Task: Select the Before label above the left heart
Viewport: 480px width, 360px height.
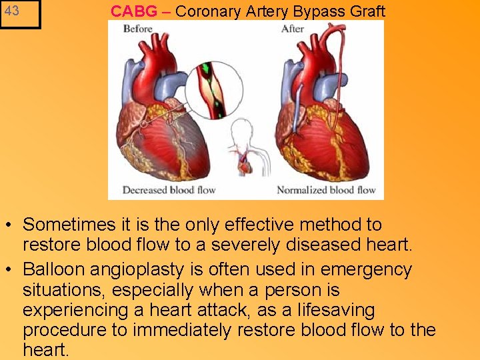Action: [138, 29]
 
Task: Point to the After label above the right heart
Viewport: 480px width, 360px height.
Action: [293, 29]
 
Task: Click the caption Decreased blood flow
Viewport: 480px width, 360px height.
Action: [169, 190]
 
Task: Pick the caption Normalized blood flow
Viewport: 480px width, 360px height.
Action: [326, 190]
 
